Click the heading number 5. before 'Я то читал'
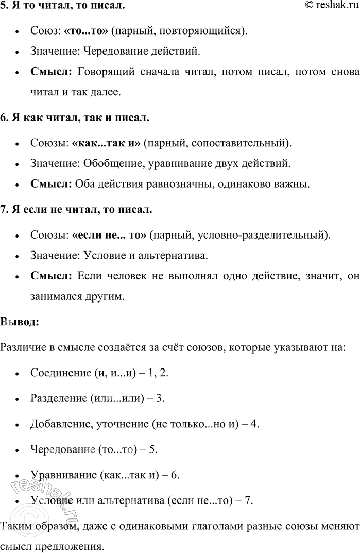(x=4, y=6)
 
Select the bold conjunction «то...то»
(x=86, y=30)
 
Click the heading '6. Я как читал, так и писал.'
(x=75, y=118)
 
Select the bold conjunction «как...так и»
(x=107, y=143)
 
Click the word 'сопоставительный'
(x=246, y=143)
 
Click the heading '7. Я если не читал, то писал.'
(x=76, y=210)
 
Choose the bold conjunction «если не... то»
(x=110, y=234)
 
